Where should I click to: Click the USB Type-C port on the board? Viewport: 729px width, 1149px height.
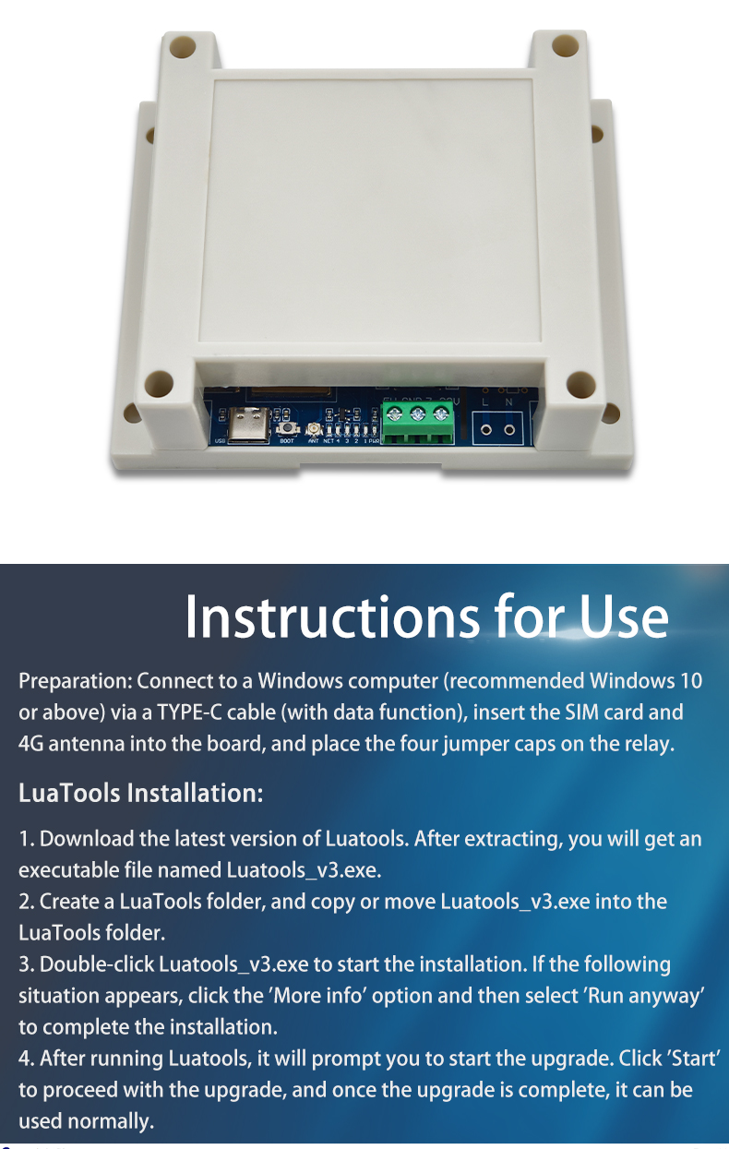click(x=248, y=425)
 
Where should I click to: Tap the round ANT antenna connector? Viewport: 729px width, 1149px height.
click(x=313, y=429)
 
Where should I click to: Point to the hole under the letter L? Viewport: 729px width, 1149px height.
click(x=485, y=429)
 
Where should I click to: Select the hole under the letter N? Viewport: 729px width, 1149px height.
click(x=508, y=429)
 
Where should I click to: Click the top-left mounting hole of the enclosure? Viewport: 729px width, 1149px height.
click(x=183, y=47)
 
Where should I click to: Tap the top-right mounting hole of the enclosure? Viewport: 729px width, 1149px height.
click(x=565, y=44)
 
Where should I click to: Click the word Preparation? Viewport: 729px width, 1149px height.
click(x=76, y=682)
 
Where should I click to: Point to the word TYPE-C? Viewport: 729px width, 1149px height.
click(x=190, y=712)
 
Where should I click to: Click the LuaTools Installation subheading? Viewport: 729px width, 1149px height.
click(x=141, y=793)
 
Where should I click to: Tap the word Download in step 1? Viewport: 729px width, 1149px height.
click(x=87, y=839)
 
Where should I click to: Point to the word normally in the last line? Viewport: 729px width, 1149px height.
click(x=111, y=1122)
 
